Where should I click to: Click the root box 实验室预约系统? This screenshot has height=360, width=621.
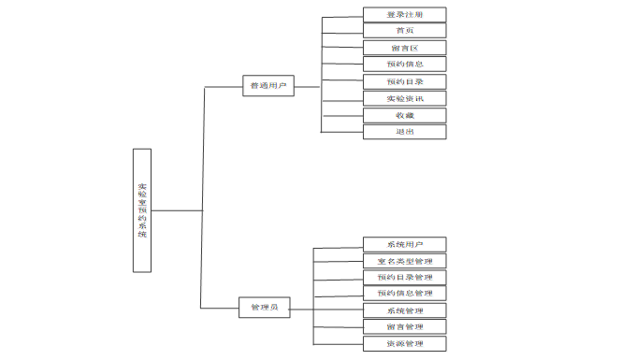coord(142,209)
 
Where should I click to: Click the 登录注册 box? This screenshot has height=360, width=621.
coord(404,14)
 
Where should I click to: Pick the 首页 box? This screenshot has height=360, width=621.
coord(404,31)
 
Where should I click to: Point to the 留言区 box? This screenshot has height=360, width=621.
coord(404,48)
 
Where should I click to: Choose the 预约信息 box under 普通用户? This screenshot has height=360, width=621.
coord(404,65)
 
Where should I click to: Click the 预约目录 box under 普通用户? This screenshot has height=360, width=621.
coord(404,81)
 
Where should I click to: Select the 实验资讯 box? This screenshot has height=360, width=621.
coord(404,98)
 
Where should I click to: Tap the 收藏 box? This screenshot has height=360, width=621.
coord(404,115)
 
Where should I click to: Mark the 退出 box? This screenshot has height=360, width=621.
coord(404,132)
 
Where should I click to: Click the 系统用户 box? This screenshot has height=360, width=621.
coord(404,245)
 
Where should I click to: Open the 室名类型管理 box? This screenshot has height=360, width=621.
coord(404,261)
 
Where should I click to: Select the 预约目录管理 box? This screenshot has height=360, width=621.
coord(404,278)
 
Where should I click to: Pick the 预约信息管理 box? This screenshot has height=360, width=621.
coord(404,294)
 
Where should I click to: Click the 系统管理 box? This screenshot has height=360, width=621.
coord(404,310)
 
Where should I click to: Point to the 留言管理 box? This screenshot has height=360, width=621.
coord(404,326)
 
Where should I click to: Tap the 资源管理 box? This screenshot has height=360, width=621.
coord(404,343)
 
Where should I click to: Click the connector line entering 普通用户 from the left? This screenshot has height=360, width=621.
coord(222,87)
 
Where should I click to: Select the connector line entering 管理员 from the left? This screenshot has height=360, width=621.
coord(221,308)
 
